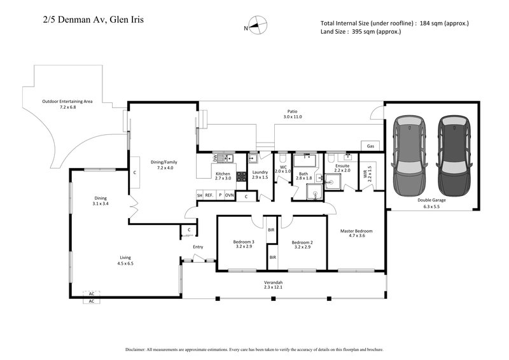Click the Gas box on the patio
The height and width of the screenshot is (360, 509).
[371, 146]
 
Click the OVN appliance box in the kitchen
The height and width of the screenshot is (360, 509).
[229, 196]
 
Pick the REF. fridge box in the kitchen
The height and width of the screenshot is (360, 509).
[209, 196]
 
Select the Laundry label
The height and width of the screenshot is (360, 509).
[260, 172]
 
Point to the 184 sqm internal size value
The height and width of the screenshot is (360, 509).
[434, 24]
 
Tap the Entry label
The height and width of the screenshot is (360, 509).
[198, 247]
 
